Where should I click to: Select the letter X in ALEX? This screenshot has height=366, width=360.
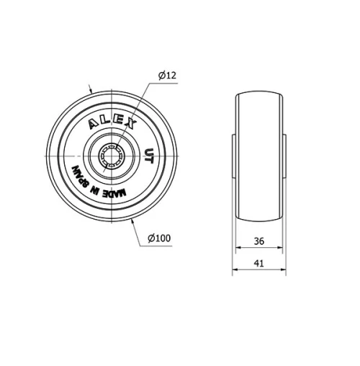(x=130, y=123)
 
